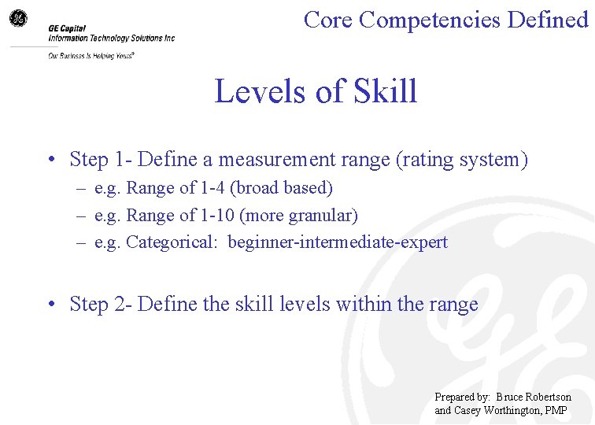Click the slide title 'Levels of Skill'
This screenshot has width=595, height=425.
[316, 92]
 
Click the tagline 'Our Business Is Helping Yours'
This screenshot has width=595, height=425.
[91, 56]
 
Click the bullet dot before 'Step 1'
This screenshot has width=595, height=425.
[50, 161]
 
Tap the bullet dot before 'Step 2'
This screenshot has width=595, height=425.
[50, 305]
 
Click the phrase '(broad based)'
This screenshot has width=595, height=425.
[281, 188]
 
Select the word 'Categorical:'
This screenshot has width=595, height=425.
[171, 242]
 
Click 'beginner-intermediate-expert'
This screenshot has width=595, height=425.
[338, 242]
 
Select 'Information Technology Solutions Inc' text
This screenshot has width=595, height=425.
[111, 38]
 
